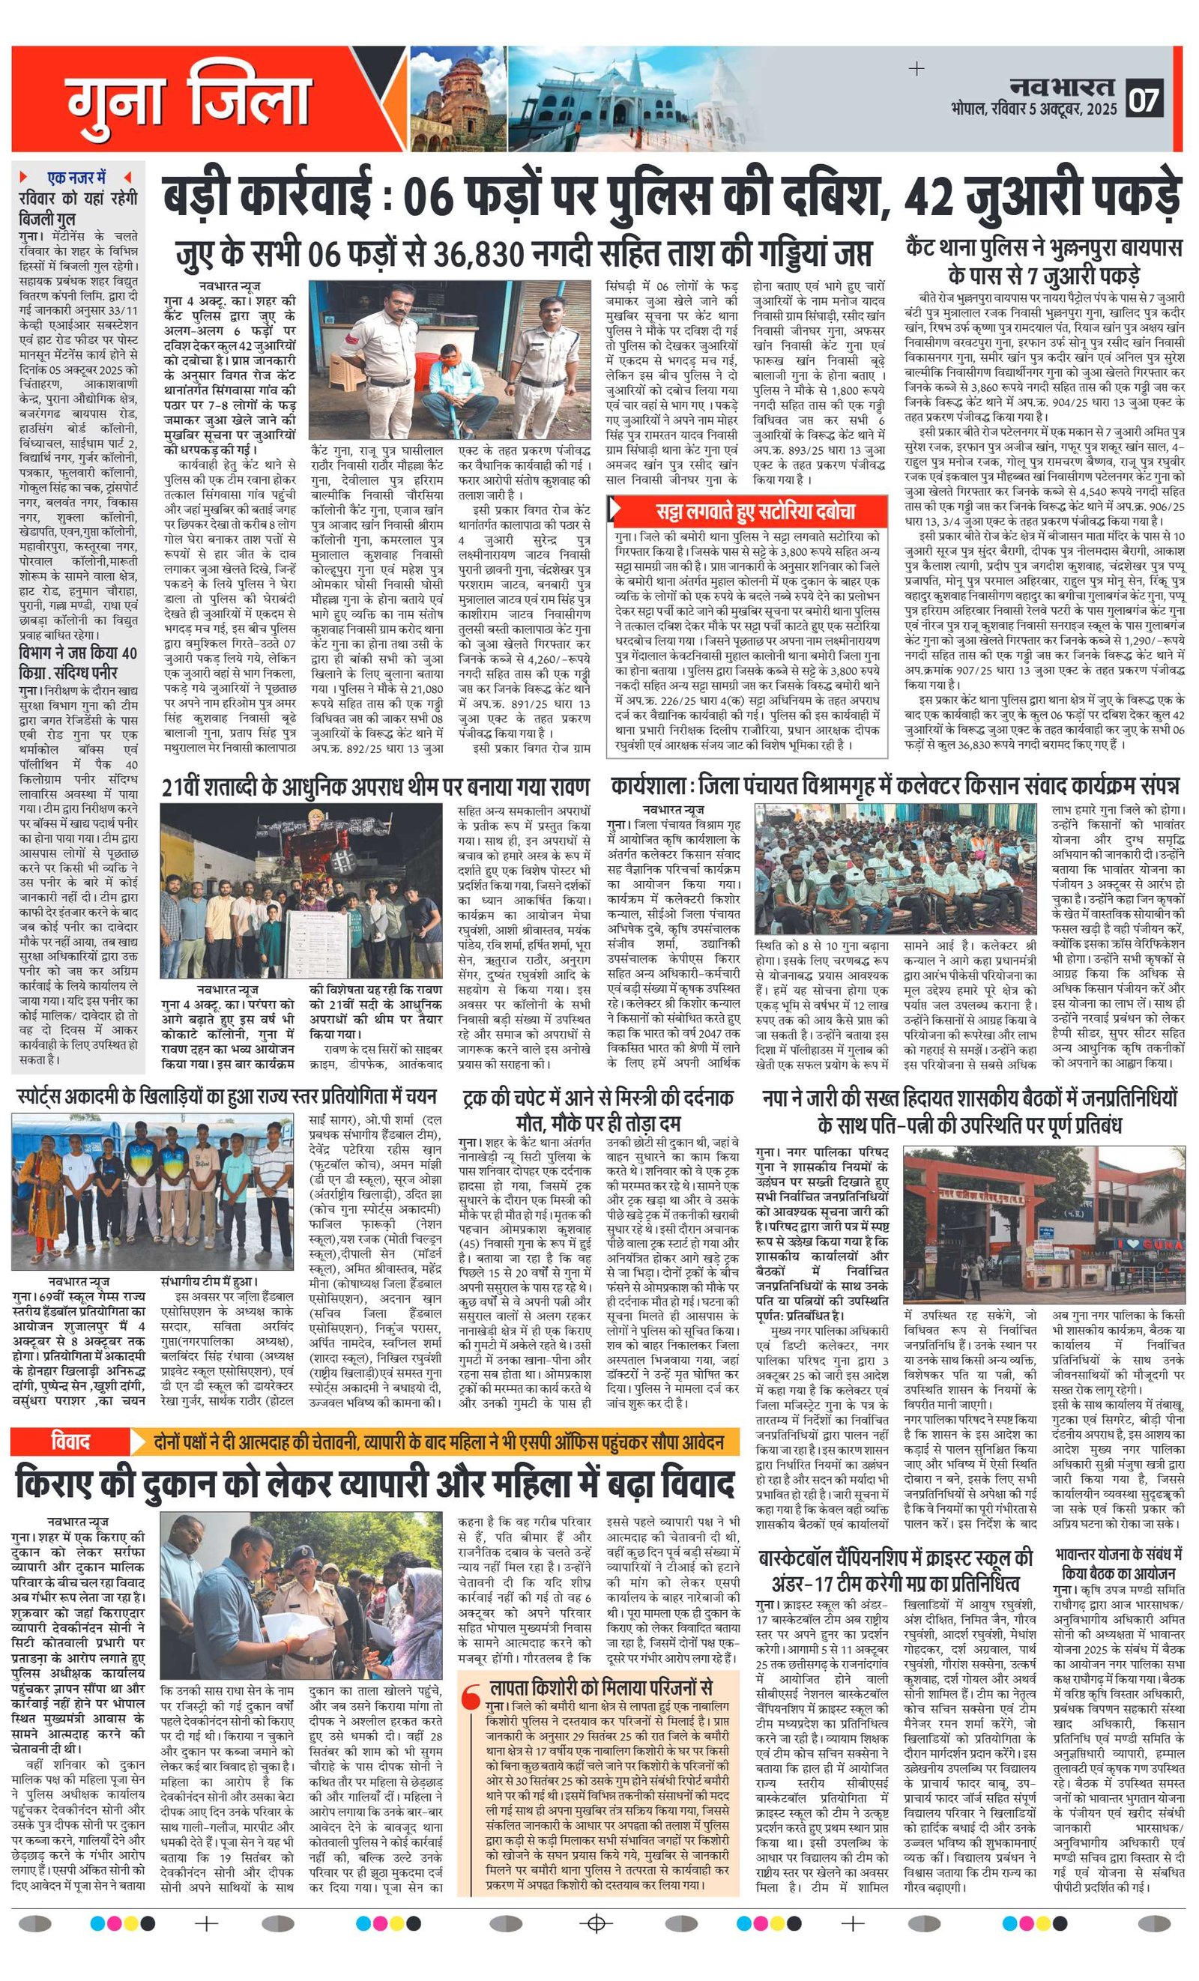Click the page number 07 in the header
[x=1144, y=99]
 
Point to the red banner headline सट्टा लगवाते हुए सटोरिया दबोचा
[x=755, y=511]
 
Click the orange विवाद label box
[x=70, y=1442]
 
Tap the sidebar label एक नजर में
[x=76, y=177]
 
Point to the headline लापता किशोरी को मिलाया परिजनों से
[x=601, y=1686]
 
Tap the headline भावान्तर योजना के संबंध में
[x=1119, y=1553]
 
